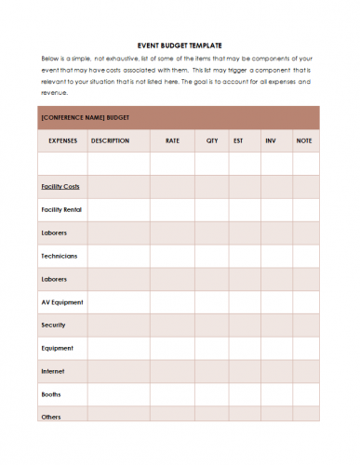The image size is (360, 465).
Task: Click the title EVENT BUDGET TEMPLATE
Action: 179,44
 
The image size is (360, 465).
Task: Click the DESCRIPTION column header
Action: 110,140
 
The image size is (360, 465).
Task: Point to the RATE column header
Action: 172,140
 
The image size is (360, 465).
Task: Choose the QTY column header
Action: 212,140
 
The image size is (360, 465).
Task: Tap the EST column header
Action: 239,140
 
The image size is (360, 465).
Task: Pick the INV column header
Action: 271,140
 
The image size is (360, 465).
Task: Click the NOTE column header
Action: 304,140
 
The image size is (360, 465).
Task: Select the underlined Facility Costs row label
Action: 60,186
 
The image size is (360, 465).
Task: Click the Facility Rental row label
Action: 61,209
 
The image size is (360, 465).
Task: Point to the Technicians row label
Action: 59,256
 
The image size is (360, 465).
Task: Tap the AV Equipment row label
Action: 62,302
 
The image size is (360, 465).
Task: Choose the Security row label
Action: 53,325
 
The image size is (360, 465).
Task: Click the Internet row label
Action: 53,371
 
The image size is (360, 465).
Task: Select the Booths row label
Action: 52,393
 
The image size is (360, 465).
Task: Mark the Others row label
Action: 51,416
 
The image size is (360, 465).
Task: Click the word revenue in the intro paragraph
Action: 52,92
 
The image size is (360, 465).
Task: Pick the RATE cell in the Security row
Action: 172,325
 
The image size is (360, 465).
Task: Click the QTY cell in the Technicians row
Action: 212,256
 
